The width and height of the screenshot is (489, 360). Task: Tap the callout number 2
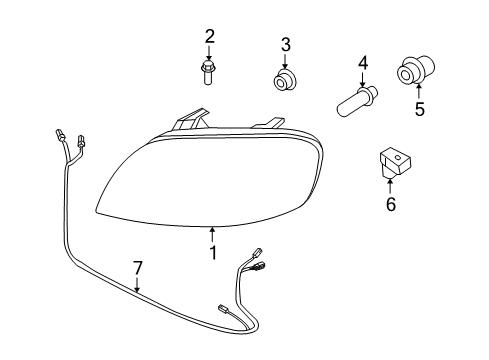tap(210, 37)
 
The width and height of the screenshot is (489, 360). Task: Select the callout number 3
tap(285, 44)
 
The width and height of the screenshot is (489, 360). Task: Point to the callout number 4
tap(363, 66)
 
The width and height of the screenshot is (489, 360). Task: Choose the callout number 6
tap(390, 205)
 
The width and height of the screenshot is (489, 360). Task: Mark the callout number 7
tap(138, 267)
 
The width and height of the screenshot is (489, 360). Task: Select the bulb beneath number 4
tap(357, 100)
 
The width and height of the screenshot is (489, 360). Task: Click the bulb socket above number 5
tap(410, 71)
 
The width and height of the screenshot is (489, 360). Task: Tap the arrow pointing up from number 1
tap(212, 235)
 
